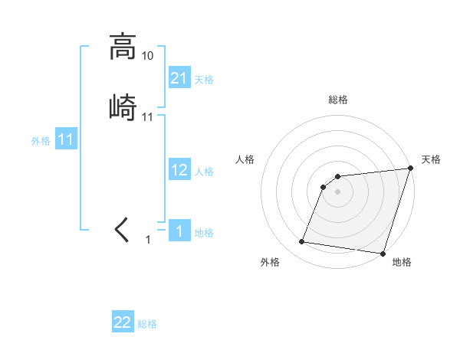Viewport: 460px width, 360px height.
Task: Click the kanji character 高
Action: (122, 47)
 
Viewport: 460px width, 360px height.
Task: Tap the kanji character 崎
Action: (122, 106)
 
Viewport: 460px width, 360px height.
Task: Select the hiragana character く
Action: (122, 229)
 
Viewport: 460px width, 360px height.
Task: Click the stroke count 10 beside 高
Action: (148, 56)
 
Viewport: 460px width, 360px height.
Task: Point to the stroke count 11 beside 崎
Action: (148, 117)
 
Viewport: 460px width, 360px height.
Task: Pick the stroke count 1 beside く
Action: (149, 240)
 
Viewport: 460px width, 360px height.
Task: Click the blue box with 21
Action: (179, 78)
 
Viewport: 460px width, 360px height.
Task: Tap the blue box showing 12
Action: (179, 170)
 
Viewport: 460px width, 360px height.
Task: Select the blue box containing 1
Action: (179, 231)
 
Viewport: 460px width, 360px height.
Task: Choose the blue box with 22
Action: (123, 322)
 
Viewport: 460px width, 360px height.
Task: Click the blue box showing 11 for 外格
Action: (65, 140)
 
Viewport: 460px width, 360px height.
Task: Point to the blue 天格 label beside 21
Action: (204, 79)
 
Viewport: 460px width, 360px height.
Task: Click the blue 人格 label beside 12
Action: (204, 171)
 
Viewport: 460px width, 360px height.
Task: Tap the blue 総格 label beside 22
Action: (147, 323)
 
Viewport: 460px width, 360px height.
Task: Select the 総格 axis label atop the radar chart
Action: (338, 100)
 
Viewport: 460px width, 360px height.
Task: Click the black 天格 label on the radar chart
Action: (431, 159)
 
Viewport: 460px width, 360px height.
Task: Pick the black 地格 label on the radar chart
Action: (402, 262)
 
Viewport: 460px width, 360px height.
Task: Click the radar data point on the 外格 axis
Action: (302, 242)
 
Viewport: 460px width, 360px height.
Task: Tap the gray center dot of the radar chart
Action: (338, 191)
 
